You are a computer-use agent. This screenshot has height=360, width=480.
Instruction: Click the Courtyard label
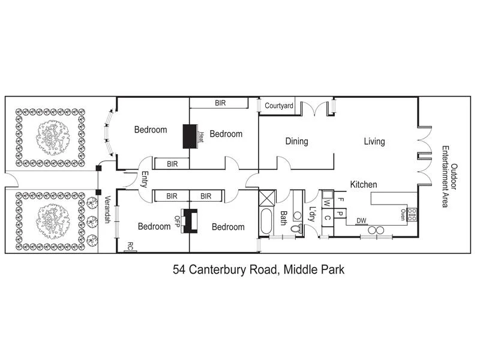click(x=279, y=106)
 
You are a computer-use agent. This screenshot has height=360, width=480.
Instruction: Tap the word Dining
click(x=296, y=142)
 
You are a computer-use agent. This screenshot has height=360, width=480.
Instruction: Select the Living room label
click(x=374, y=142)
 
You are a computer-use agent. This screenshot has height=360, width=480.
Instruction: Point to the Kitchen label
click(x=364, y=185)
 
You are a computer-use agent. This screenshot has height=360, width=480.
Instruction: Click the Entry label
click(x=145, y=180)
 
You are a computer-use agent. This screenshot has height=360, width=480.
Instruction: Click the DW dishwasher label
click(x=361, y=221)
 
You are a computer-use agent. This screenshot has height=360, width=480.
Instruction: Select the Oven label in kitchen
click(x=403, y=215)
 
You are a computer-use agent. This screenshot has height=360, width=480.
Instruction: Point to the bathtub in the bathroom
click(x=266, y=223)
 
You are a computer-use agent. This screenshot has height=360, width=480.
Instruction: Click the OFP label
click(x=178, y=221)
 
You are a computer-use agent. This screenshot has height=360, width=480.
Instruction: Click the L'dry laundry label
click(x=312, y=214)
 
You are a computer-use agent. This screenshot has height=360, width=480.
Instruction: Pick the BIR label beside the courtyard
click(x=220, y=103)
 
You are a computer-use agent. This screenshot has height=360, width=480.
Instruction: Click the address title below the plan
click(x=258, y=270)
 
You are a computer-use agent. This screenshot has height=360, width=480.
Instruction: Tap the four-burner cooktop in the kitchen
click(x=412, y=214)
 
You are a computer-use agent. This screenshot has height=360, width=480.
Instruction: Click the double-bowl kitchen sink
click(x=375, y=230)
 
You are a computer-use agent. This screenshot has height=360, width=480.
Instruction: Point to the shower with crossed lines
click(x=266, y=198)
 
